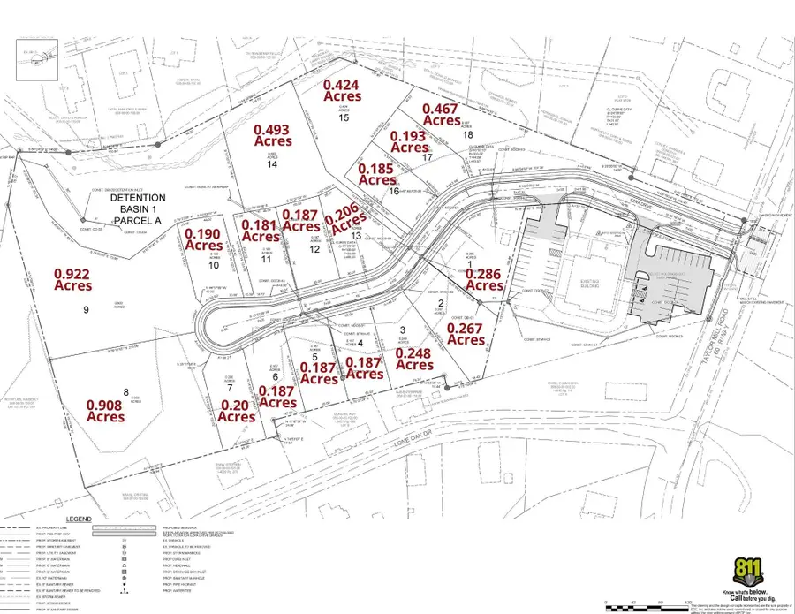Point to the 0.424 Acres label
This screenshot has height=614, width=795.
coord(343,90)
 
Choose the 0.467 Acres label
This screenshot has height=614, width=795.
coord(442,114)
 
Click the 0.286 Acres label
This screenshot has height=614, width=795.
coord(485,280)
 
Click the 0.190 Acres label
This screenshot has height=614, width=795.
coord(201,239)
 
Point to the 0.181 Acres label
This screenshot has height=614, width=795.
coord(261,231)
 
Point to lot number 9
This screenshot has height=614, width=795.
coord(87,310)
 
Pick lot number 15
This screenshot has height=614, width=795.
coord(344,117)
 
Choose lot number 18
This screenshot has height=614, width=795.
coord(467,134)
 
